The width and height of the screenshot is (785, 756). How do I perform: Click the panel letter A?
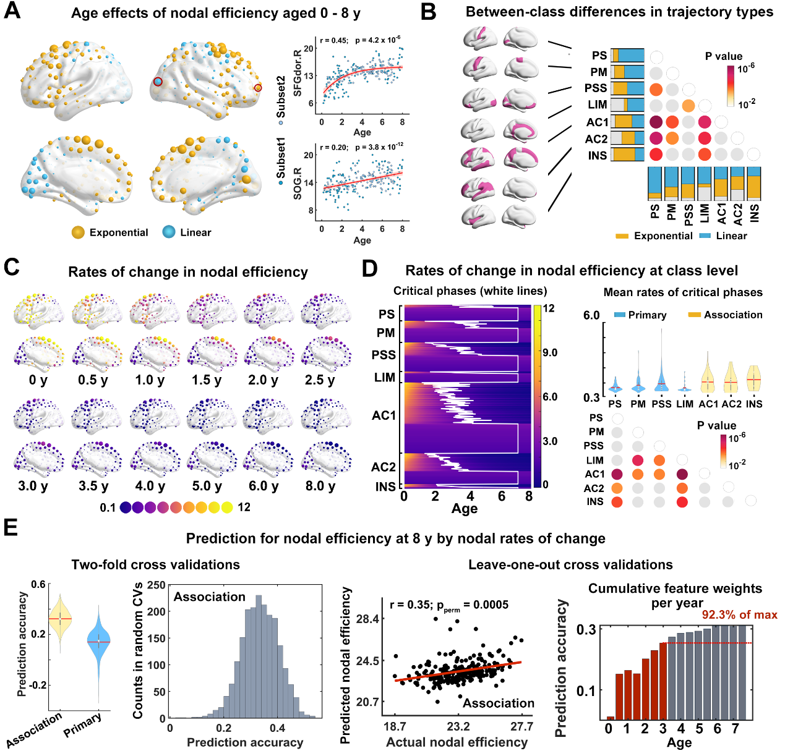(x=12, y=11)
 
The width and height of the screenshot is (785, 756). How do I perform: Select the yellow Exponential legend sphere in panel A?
(x=78, y=232)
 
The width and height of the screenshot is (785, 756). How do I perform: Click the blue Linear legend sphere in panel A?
(x=169, y=232)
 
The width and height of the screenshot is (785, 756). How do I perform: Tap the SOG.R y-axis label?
(x=298, y=182)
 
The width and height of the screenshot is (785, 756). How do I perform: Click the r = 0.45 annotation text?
(x=333, y=40)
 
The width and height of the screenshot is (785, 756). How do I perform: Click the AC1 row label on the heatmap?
(x=384, y=415)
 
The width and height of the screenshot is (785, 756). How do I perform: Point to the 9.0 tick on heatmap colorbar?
(x=550, y=352)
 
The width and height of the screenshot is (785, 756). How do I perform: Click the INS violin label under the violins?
(x=754, y=404)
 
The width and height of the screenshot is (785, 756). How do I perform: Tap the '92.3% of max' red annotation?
(x=739, y=614)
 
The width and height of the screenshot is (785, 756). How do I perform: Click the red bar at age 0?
(x=611, y=718)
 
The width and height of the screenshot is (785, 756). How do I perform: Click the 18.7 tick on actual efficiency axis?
(x=395, y=726)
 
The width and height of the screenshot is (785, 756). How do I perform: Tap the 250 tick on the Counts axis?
(x=157, y=585)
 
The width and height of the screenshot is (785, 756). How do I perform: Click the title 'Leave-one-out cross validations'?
(x=570, y=564)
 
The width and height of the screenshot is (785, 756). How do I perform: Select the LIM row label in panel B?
(x=597, y=104)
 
